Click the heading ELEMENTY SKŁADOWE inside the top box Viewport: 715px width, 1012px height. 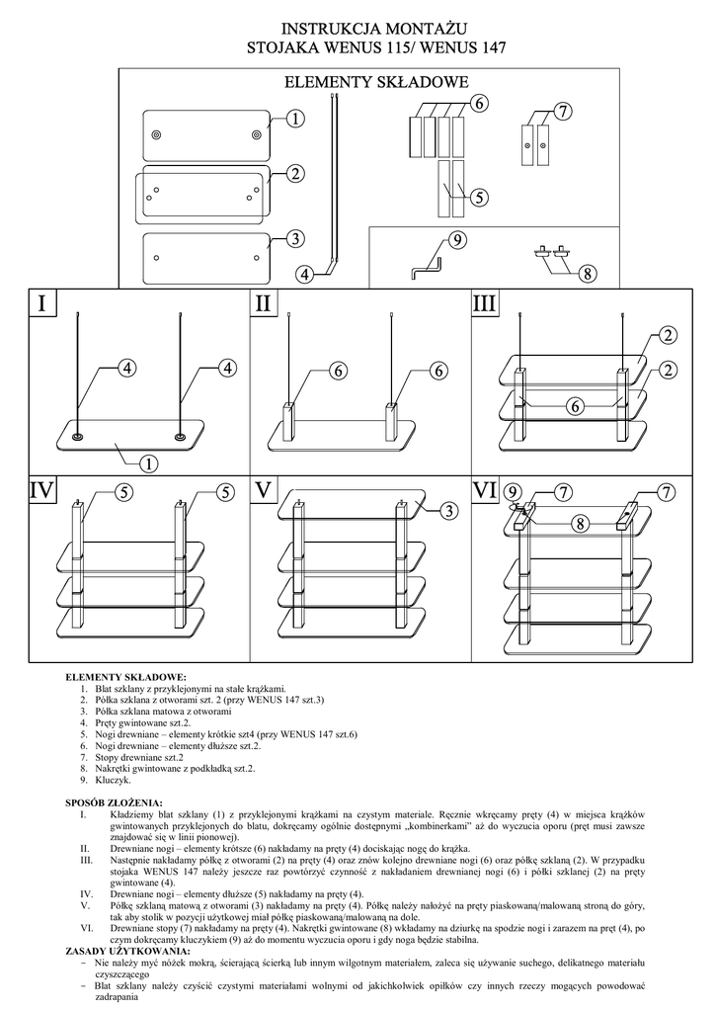(x=376, y=82)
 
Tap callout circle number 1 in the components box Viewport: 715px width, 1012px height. (x=295, y=118)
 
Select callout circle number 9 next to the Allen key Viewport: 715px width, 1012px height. (x=456, y=240)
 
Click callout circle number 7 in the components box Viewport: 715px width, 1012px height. (x=562, y=112)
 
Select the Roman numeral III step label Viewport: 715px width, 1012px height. (x=485, y=303)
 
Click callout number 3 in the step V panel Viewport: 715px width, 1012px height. (x=447, y=510)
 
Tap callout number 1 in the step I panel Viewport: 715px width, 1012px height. (x=148, y=462)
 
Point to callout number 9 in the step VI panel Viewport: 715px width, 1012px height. (x=512, y=491)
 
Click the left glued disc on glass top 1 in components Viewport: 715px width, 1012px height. (x=157, y=135)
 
